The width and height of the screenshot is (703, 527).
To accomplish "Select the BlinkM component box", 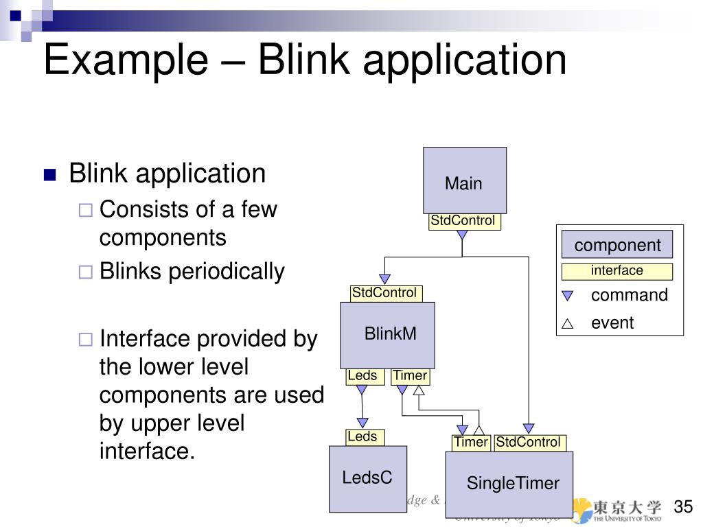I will [x=387, y=335].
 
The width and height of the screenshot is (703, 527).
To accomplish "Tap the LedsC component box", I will [x=367, y=478].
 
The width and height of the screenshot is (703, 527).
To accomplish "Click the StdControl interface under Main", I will [x=463, y=221].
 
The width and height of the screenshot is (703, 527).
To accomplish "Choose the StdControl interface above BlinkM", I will [x=384, y=293].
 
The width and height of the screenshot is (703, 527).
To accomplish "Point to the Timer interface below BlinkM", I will [x=410, y=376].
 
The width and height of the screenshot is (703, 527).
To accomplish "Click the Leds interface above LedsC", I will [x=362, y=437].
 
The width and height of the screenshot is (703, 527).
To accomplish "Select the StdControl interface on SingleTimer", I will [x=528, y=443].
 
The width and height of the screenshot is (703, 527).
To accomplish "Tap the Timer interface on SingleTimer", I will [x=470, y=443].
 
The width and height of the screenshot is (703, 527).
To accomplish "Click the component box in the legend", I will [x=616, y=245].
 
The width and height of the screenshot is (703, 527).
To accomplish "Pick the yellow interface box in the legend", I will [x=616, y=271].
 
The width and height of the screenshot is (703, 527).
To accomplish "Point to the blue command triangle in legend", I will [x=567, y=296].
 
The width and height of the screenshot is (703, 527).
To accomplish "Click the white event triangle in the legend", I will [x=567, y=325].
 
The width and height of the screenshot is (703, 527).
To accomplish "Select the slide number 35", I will [x=683, y=507].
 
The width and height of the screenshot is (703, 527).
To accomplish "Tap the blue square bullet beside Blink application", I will [x=49, y=175].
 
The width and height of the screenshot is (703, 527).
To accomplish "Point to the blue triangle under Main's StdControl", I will [x=462, y=235].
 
